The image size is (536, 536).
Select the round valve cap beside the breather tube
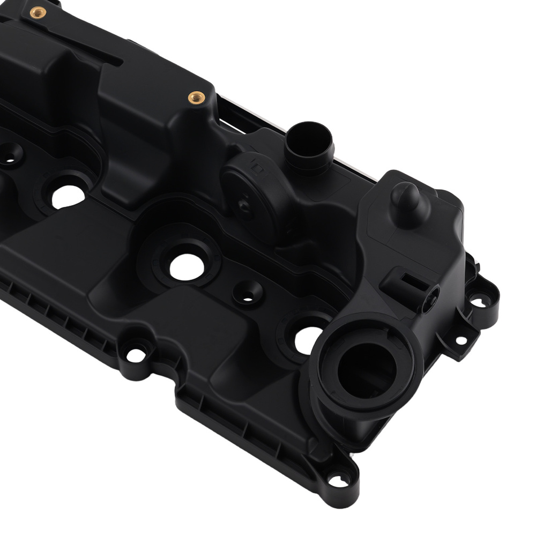point(252,185)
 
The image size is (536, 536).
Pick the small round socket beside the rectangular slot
point(429,294)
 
